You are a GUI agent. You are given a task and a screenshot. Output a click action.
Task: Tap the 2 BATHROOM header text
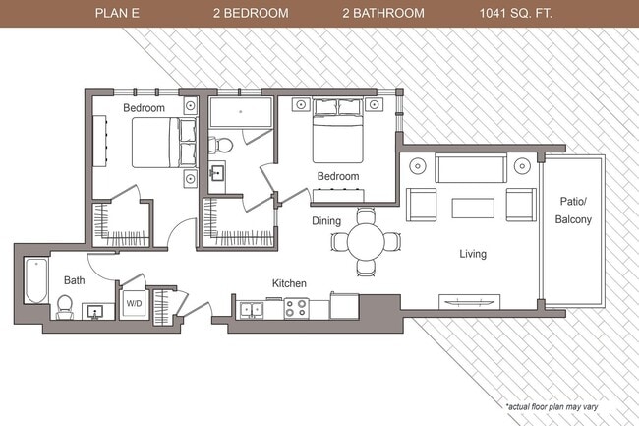click(383, 14)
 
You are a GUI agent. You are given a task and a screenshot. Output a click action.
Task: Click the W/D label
click(133, 304)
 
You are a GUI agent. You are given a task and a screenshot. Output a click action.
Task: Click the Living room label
click(473, 254)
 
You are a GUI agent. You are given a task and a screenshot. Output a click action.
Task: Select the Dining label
click(326, 221)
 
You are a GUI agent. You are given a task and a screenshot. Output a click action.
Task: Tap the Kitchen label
click(289, 283)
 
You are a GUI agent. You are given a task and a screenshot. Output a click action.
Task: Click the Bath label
click(75, 280)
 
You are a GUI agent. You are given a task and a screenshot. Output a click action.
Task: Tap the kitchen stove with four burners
click(298, 308)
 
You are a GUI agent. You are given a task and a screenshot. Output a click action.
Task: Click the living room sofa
click(471, 169)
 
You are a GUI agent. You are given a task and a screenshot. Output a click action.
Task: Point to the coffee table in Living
click(473, 208)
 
